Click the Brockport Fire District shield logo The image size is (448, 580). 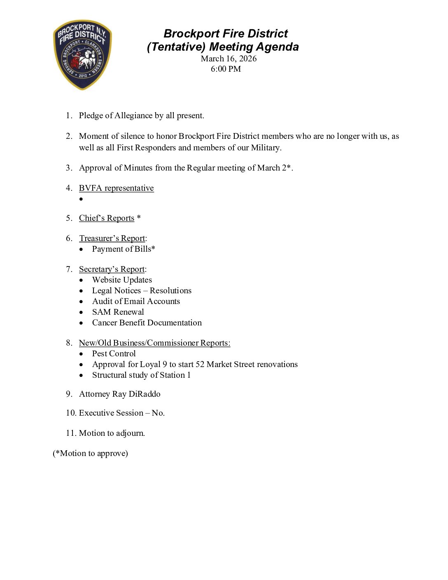coord(82,55)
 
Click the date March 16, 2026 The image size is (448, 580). coord(229,58)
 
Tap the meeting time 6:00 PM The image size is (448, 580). coord(226,69)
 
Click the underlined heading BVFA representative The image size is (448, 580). coord(116,188)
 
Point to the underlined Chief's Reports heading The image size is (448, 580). coord(107,218)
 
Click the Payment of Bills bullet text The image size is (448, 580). coord(124,249)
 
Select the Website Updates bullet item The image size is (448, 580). coord(122,280)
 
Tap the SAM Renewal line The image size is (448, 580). coord(118,312)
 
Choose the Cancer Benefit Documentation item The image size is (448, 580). coord(147,323)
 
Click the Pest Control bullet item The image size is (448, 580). coord(114,353)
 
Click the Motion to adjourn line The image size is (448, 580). coord(112,433)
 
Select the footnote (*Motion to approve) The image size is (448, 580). coord(90,453)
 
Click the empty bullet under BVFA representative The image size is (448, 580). coord(81,199)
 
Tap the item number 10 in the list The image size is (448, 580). coord(70,413)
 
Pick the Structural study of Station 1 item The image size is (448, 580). coord(141,375)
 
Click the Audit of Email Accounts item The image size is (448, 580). coord(136,301)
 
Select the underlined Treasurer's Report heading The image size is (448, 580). coord(112,238)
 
